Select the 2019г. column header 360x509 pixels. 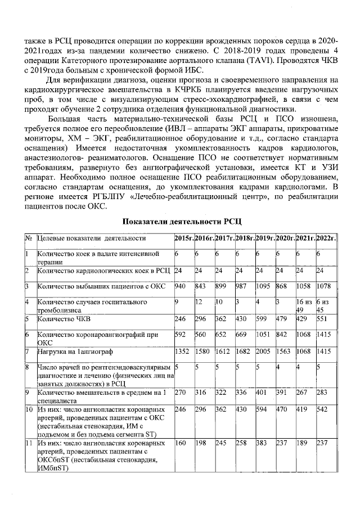click(x=265, y=238)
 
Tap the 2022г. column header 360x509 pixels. click(x=326, y=238)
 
